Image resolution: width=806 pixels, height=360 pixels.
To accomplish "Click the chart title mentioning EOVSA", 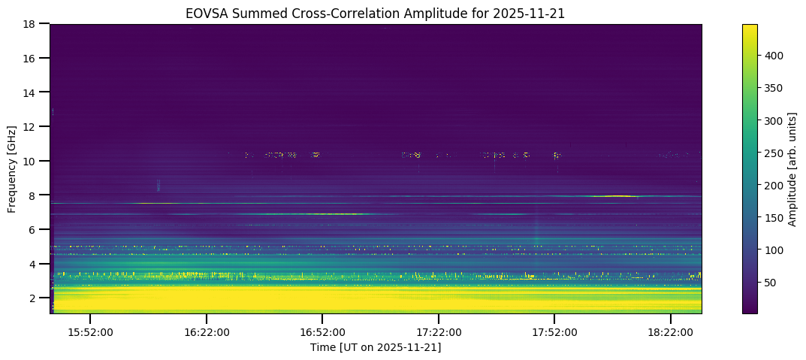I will tap(376, 13).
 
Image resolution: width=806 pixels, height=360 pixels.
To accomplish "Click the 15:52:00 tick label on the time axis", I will tap(90, 331).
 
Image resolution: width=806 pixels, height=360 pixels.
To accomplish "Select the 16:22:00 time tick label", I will tap(207, 331).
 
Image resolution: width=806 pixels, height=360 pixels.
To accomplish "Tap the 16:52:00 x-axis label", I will tap(322, 331).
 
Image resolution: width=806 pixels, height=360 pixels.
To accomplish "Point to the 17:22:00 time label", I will tap(439, 331).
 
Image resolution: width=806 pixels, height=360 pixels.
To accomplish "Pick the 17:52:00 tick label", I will tap(554, 331).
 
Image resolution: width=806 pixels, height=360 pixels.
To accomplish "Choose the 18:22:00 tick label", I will tap(671, 331).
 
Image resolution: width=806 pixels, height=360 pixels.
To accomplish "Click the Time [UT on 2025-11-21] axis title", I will tap(376, 347).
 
